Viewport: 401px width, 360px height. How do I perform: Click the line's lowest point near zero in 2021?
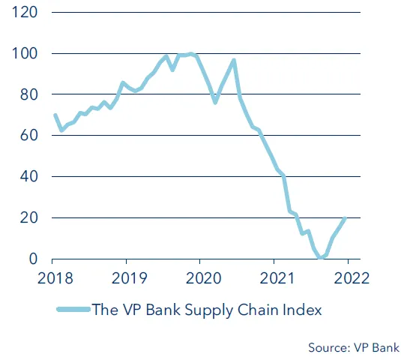click(321, 257)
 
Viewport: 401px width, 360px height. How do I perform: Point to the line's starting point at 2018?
click(55, 115)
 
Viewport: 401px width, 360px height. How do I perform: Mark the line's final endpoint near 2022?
click(345, 219)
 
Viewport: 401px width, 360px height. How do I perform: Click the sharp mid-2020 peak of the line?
click(234, 61)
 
